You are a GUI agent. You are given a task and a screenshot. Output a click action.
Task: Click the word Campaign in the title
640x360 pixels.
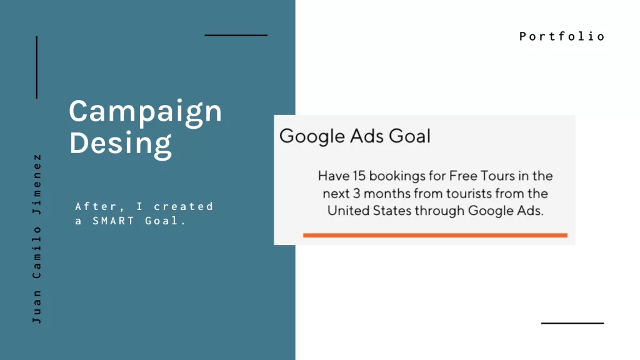[x=145, y=112]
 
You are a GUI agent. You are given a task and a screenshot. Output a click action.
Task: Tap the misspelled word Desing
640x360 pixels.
[x=121, y=142]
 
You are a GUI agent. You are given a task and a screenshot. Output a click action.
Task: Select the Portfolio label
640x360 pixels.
[x=562, y=36]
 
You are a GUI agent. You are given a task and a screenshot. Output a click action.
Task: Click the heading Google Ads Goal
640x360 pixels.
[x=354, y=136]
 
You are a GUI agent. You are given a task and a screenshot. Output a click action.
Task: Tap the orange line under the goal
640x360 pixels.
[x=435, y=235]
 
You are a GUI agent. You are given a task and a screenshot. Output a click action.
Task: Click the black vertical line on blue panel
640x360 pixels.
[x=37, y=67]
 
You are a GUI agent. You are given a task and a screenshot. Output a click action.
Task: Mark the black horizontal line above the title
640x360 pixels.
[x=236, y=36]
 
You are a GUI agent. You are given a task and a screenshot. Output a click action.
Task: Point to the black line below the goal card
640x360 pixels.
[x=572, y=323]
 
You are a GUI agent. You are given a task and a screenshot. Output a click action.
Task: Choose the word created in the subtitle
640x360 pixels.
[x=184, y=206]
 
